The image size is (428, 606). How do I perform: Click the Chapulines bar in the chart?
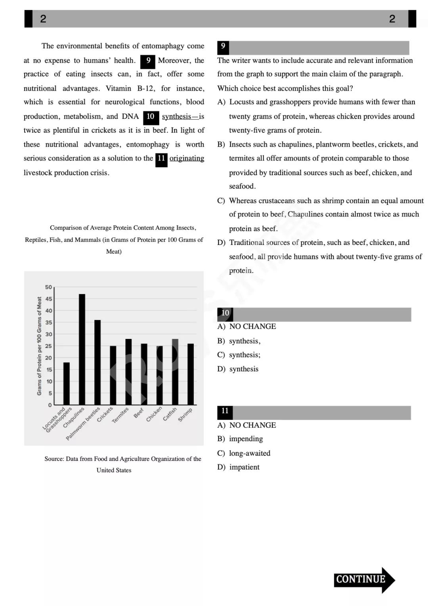(x=82, y=349)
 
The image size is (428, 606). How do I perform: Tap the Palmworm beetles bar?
(x=97, y=362)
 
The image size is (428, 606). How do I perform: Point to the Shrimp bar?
(x=191, y=374)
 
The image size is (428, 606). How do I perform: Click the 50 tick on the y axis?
(x=48, y=287)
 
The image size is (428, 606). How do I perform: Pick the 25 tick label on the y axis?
(x=48, y=346)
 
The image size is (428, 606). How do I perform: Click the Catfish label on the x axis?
(x=170, y=414)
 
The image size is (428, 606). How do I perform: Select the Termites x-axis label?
(x=120, y=415)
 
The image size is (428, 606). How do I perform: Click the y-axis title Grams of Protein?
(x=39, y=346)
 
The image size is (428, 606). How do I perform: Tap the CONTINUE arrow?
(x=364, y=579)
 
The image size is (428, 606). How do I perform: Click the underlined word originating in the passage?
(x=187, y=158)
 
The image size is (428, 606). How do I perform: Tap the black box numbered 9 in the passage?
(x=148, y=61)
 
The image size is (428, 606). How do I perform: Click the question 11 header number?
(x=225, y=411)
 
